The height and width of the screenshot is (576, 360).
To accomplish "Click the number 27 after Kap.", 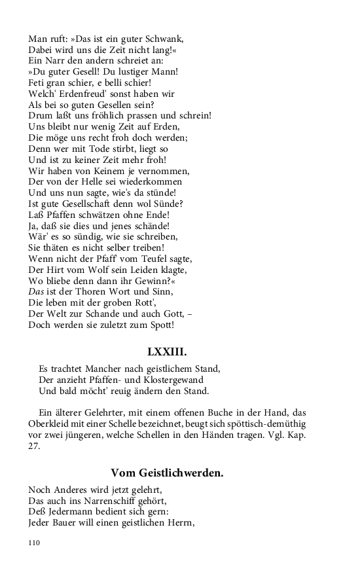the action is pos(34,446).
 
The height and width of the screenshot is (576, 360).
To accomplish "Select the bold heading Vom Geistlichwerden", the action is pos(167,473).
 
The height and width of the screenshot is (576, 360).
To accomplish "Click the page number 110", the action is pos(35,543).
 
